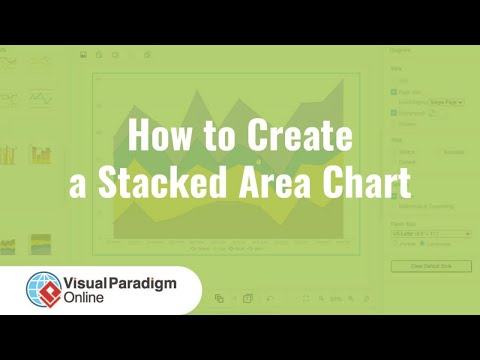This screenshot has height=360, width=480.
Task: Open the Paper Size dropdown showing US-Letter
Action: coord(427,232)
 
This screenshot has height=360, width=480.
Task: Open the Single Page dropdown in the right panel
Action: coord(446,102)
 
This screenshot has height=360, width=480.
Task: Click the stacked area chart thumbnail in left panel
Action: coord(41,243)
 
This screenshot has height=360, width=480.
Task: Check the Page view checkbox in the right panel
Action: coord(393,91)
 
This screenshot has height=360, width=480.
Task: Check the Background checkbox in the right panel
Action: coord(393,114)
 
